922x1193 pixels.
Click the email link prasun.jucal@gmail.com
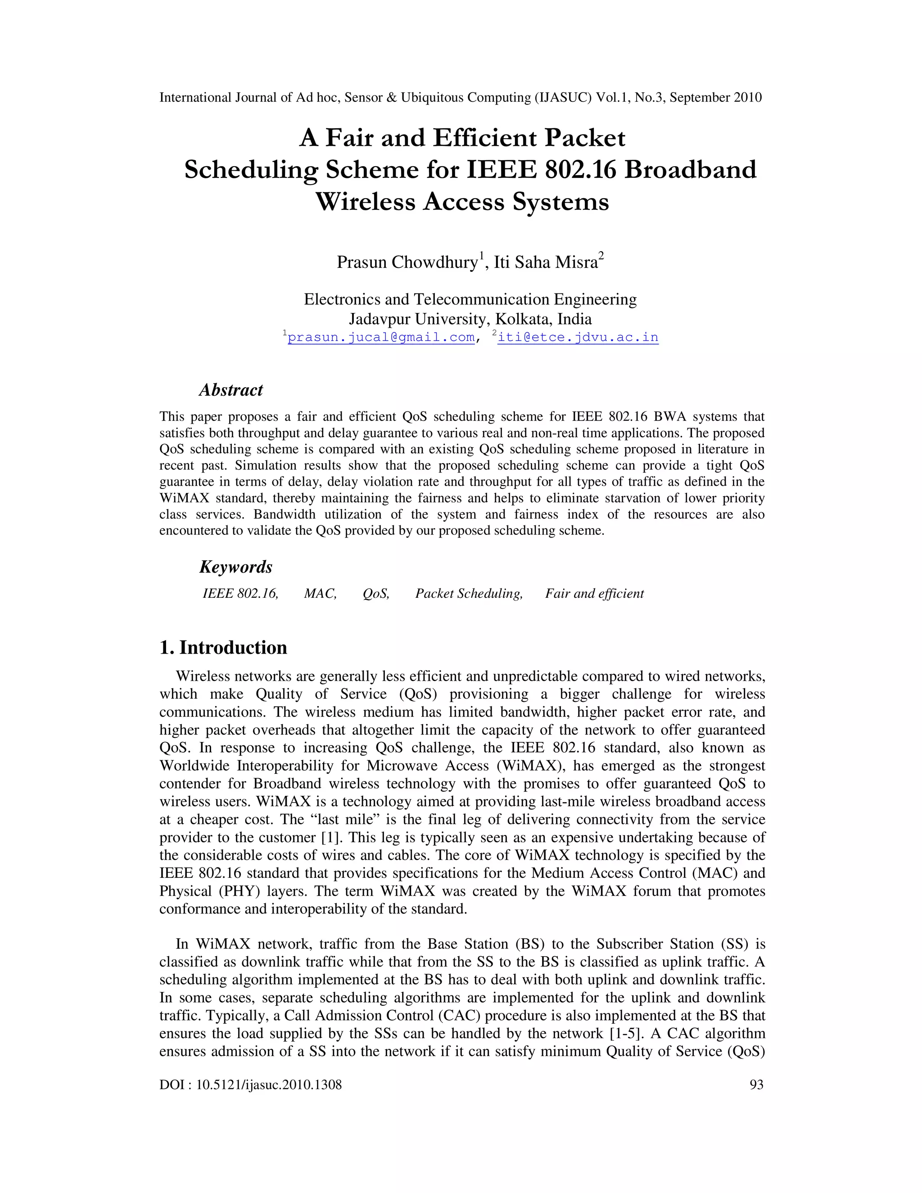(x=381, y=337)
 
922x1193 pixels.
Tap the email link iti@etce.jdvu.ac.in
(x=578, y=337)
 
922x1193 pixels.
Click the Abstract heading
(x=230, y=390)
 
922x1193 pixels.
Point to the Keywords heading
(x=235, y=566)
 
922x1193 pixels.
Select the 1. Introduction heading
(x=223, y=647)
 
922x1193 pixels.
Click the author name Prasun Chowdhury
(x=407, y=262)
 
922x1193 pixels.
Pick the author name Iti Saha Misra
(x=546, y=262)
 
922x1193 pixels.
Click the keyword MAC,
(x=320, y=594)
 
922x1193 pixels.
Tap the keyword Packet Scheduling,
(x=469, y=594)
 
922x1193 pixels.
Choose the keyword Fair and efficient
(x=594, y=594)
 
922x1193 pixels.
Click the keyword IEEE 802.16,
(x=240, y=594)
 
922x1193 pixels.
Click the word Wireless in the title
(x=366, y=202)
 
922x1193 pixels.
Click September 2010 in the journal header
(x=715, y=98)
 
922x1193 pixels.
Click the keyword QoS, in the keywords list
(x=376, y=594)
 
